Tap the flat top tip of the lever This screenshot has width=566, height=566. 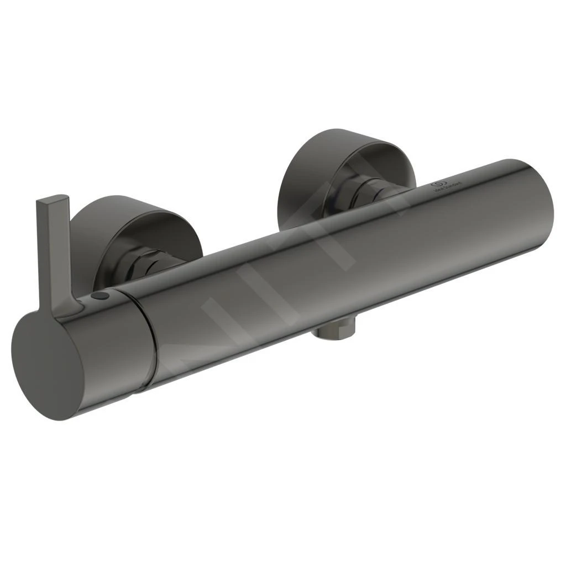click(x=53, y=198)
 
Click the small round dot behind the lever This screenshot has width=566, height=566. click(x=100, y=297)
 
